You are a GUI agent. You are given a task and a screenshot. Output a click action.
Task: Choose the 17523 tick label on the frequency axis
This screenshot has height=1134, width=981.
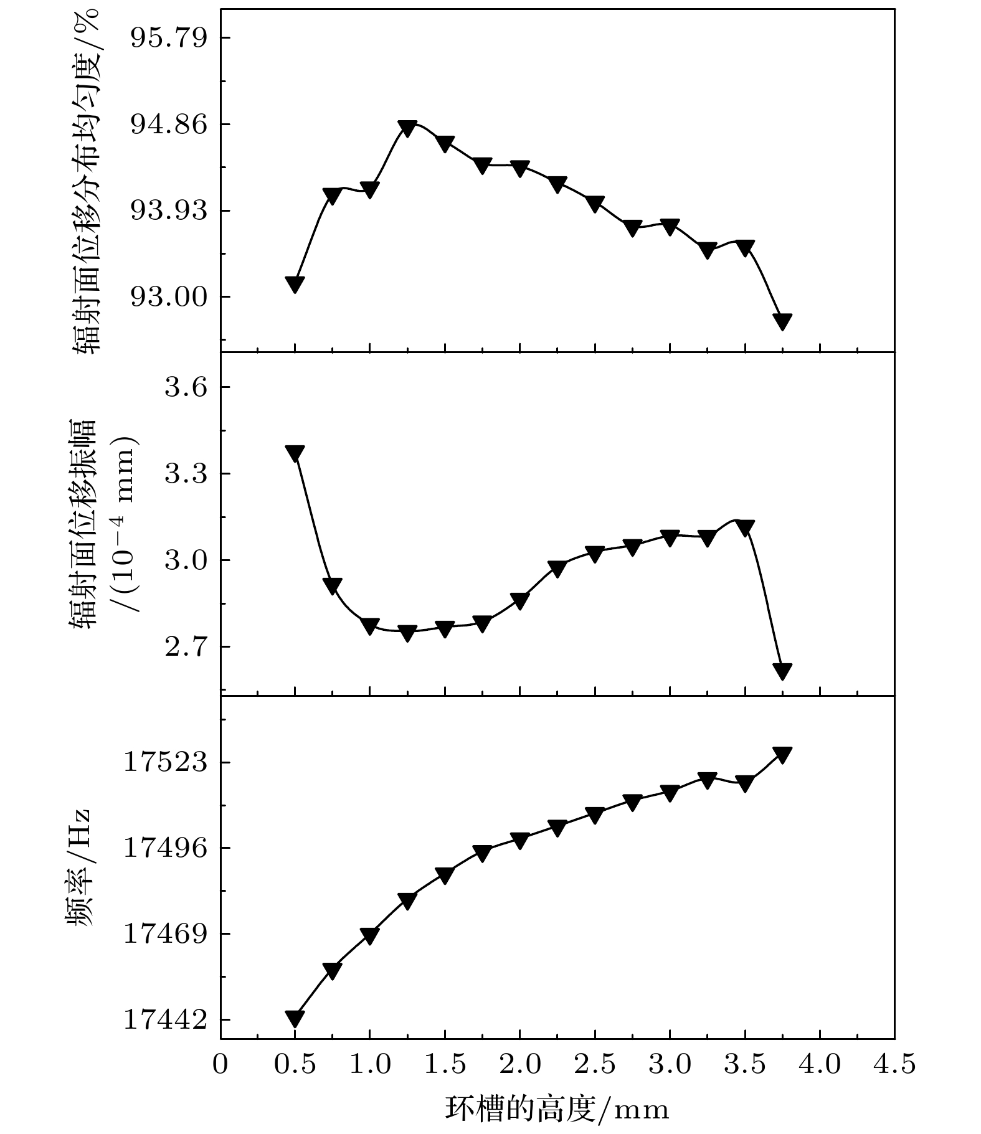pos(164,763)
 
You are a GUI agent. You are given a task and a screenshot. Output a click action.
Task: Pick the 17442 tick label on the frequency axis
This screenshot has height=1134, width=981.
pos(164,1021)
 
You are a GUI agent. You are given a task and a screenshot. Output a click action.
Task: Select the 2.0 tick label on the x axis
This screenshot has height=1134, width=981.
pos(519,1064)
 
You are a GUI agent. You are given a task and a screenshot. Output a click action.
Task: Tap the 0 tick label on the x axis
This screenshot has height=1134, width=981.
pos(220,1064)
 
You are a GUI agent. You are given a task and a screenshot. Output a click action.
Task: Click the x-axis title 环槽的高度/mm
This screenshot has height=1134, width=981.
pos(557,1109)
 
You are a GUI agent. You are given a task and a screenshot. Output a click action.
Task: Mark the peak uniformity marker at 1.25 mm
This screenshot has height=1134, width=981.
pos(407,128)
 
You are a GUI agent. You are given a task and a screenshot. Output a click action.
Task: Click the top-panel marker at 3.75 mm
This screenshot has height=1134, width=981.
pos(782,321)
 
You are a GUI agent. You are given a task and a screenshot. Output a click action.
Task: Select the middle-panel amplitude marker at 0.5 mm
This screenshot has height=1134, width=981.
pos(295,453)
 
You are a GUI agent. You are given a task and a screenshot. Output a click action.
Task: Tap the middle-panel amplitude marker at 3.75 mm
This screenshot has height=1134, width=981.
pos(782,671)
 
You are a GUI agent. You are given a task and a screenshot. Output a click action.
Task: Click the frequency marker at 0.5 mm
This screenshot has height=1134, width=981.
pos(295,1018)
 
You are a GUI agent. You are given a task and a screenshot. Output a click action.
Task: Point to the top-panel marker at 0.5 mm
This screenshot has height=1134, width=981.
pos(295,284)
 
